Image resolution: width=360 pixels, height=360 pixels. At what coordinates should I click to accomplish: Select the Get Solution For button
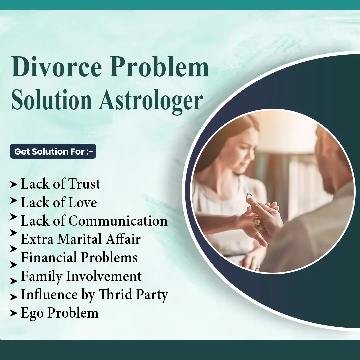[x=53, y=151]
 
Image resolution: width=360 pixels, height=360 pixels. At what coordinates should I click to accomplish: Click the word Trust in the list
[x=84, y=184]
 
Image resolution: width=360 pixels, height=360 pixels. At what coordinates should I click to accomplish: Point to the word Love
[x=83, y=202]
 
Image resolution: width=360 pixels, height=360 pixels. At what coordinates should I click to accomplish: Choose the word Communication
[x=118, y=221]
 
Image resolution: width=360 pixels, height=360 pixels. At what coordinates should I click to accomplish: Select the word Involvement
[x=104, y=276]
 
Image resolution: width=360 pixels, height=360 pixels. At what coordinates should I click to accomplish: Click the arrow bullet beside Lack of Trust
[x=14, y=184]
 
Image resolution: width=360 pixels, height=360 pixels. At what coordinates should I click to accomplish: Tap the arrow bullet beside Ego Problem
[x=14, y=313]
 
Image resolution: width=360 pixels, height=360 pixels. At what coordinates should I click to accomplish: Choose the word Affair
[x=123, y=239]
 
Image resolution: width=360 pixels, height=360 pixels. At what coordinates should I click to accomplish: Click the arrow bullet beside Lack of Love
[x=14, y=200]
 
